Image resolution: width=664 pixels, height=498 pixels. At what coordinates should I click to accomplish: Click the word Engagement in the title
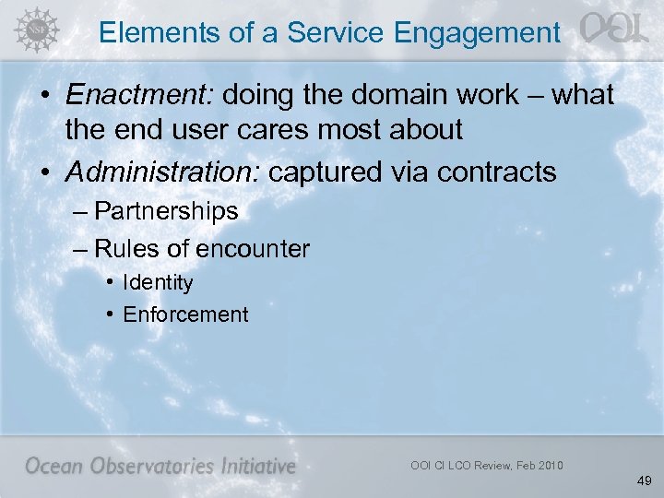point(476,33)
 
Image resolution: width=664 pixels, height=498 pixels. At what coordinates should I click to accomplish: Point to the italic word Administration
point(152,172)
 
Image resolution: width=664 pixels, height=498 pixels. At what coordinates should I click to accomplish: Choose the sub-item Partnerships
point(166,211)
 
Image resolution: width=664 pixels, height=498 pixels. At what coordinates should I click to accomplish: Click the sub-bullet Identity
point(158,282)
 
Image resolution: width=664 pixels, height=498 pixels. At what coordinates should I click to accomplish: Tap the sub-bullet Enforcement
point(185,314)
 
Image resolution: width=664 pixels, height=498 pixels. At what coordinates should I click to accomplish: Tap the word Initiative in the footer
point(257,466)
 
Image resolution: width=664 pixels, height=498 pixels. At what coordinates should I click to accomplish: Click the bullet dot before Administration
point(47,172)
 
